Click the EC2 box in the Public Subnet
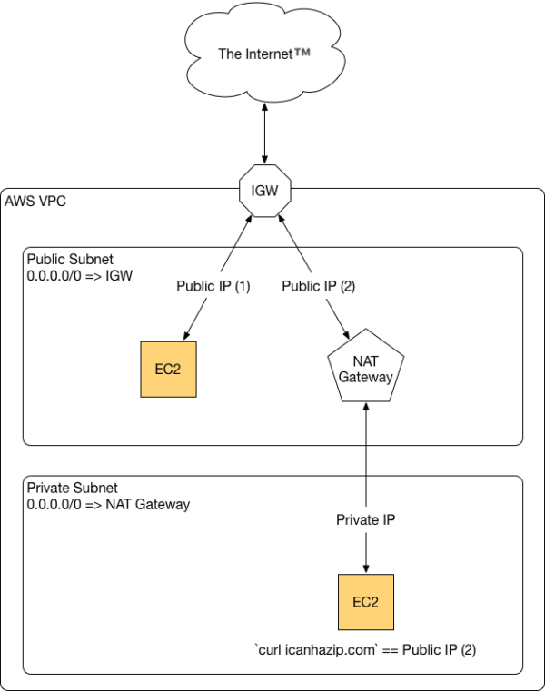point(169,370)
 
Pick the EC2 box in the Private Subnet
point(365,602)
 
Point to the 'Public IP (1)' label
point(213,286)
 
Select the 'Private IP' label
point(365,519)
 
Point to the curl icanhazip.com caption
point(364,650)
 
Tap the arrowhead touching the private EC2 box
point(365,568)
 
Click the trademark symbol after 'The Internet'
point(302,53)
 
